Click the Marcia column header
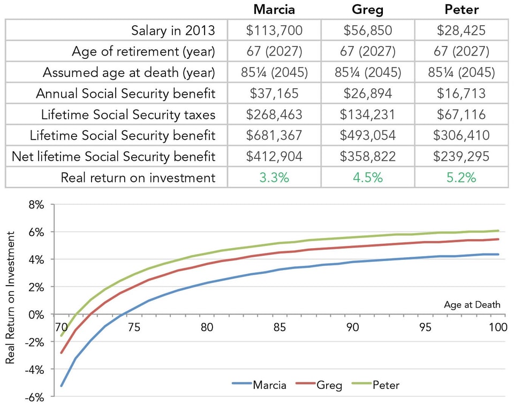(x=274, y=10)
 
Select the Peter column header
(x=461, y=10)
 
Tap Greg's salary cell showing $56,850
(x=367, y=30)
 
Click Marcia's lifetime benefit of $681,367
(x=274, y=135)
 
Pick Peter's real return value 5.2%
(x=461, y=178)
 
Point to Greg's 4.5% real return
(x=367, y=178)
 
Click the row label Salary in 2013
(x=173, y=30)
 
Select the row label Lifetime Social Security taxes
(x=128, y=114)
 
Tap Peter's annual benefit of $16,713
(x=461, y=94)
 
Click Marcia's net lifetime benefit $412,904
(x=274, y=156)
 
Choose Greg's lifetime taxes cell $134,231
(x=367, y=114)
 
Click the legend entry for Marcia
(x=259, y=385)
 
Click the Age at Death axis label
(x=472, y=305)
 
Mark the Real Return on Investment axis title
(x=11, y=302)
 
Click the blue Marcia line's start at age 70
(x=62, y=386)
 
